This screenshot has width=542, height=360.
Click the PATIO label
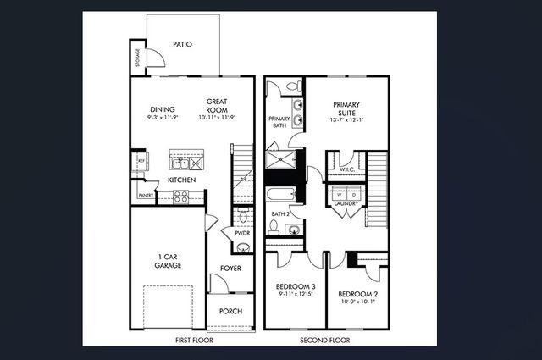click(182, 45)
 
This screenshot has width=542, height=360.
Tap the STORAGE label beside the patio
click(138, 59)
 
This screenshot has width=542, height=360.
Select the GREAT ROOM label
click(218, 105)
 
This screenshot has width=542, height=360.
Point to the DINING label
click(163, 109)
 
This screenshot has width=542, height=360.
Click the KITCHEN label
click(182, 180)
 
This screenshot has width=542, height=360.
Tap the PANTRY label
click(145, 196)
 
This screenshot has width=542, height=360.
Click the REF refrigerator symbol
click(141, 159)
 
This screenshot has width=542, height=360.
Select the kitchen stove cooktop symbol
click(181, 197)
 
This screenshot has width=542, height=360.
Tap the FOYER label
click(231, 269)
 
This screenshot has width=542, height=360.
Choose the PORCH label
click(230, 312)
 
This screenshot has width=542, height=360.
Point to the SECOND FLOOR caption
click(325, 340)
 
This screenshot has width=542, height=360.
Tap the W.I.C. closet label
click(346, 169)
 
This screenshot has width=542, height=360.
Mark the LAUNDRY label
click(347, 203)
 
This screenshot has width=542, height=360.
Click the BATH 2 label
click(281, 214)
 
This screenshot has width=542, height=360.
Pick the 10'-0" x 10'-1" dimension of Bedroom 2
click(357, 301)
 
